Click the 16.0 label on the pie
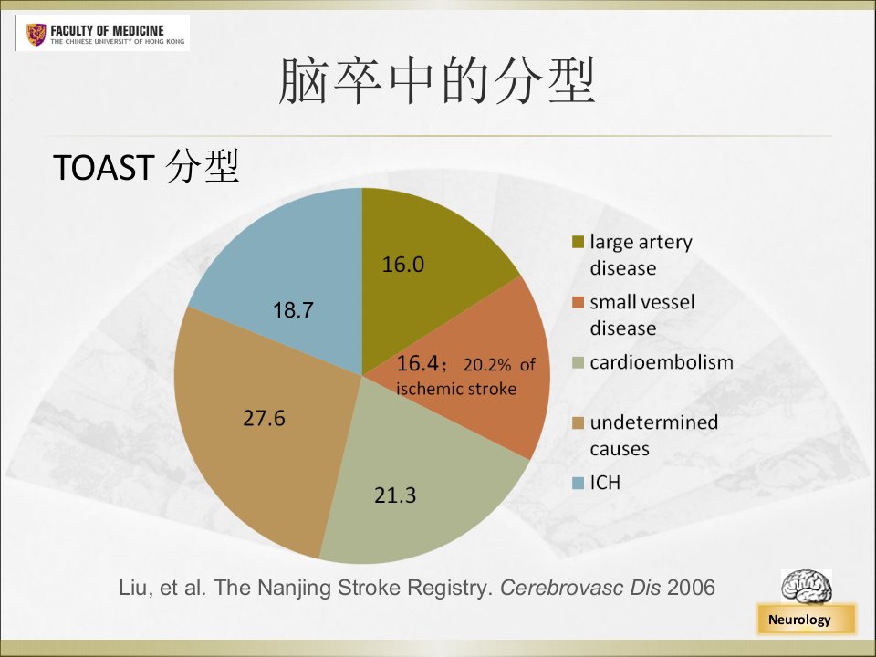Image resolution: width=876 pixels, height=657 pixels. coord(402,265)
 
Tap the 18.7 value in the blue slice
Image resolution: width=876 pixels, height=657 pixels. coord(293,310)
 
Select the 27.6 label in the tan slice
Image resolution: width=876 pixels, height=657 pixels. coord(264,418)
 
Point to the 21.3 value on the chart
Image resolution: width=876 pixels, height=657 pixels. coord(395,495)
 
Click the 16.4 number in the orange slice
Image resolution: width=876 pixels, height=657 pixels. coord(417,363)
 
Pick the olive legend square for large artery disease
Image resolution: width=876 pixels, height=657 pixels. coord(578,242)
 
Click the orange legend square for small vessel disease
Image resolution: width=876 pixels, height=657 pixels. coord(578,302)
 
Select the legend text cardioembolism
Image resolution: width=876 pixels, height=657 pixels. coord(662,362)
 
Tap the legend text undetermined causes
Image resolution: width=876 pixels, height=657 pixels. coord(653,435)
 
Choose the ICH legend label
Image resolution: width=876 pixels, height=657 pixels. coord(605,482)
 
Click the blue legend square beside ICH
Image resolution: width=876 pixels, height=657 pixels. coord(578,483)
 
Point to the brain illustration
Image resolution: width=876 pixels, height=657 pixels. coord(806,587)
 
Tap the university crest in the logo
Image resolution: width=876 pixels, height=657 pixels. coord(36,35)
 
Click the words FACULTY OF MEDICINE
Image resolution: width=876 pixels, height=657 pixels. coord(108,30)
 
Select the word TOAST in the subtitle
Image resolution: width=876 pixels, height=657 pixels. coord(103,167)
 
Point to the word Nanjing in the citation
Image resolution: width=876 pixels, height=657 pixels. coord(294,589)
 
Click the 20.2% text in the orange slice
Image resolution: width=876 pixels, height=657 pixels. coord(487,365)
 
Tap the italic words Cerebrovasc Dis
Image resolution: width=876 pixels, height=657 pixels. coord(580,587)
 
